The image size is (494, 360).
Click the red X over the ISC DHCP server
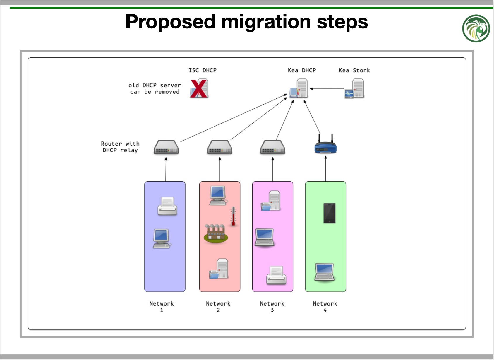(x=198, y=88)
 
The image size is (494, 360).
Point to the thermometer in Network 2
(x=233, y=216)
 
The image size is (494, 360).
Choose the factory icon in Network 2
(x=216, y=233)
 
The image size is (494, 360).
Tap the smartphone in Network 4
(x=329, y=213)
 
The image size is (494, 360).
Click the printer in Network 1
(x=167, y=206)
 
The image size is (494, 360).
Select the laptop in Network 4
(x=325, y=272)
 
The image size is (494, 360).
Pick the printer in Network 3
(x=276, y=275)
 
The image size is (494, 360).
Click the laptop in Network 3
(x=265, y=238)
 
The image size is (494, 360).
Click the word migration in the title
(x=266, y=22)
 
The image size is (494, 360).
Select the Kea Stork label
(x=354, y=70)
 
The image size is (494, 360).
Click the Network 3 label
(x=272, y=307)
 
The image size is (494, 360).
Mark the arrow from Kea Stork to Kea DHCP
(x=327, y=88)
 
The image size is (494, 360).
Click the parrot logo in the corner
(x=476, y=28)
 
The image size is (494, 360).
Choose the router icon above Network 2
(x=220, y=147)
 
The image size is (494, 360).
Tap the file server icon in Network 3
(x=271, y=201)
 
